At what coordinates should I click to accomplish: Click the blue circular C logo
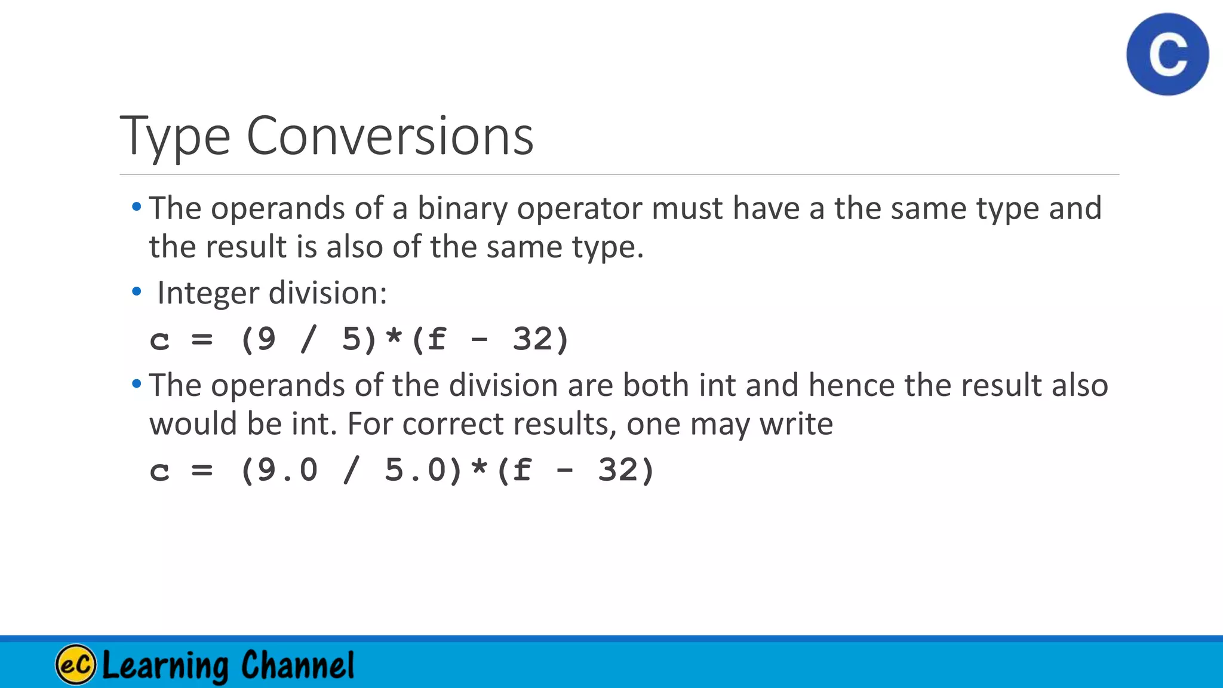coord(1167,54)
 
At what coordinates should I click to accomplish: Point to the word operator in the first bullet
coord(580,208)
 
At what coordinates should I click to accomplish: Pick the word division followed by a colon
coord(327,293)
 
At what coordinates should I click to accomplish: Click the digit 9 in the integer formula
coord(267,339)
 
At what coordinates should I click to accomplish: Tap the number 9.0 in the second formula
coord(288,470)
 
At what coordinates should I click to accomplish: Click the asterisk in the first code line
coord(394,338)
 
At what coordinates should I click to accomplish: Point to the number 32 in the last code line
coord(618,470)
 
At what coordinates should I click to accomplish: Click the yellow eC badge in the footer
coord(75,665)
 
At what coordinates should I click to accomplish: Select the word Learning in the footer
coord(165,665)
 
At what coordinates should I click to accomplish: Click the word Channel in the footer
coord(297,665)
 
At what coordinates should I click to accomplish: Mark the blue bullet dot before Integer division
coord(137,292)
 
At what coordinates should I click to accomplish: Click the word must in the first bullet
coord(687,208)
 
